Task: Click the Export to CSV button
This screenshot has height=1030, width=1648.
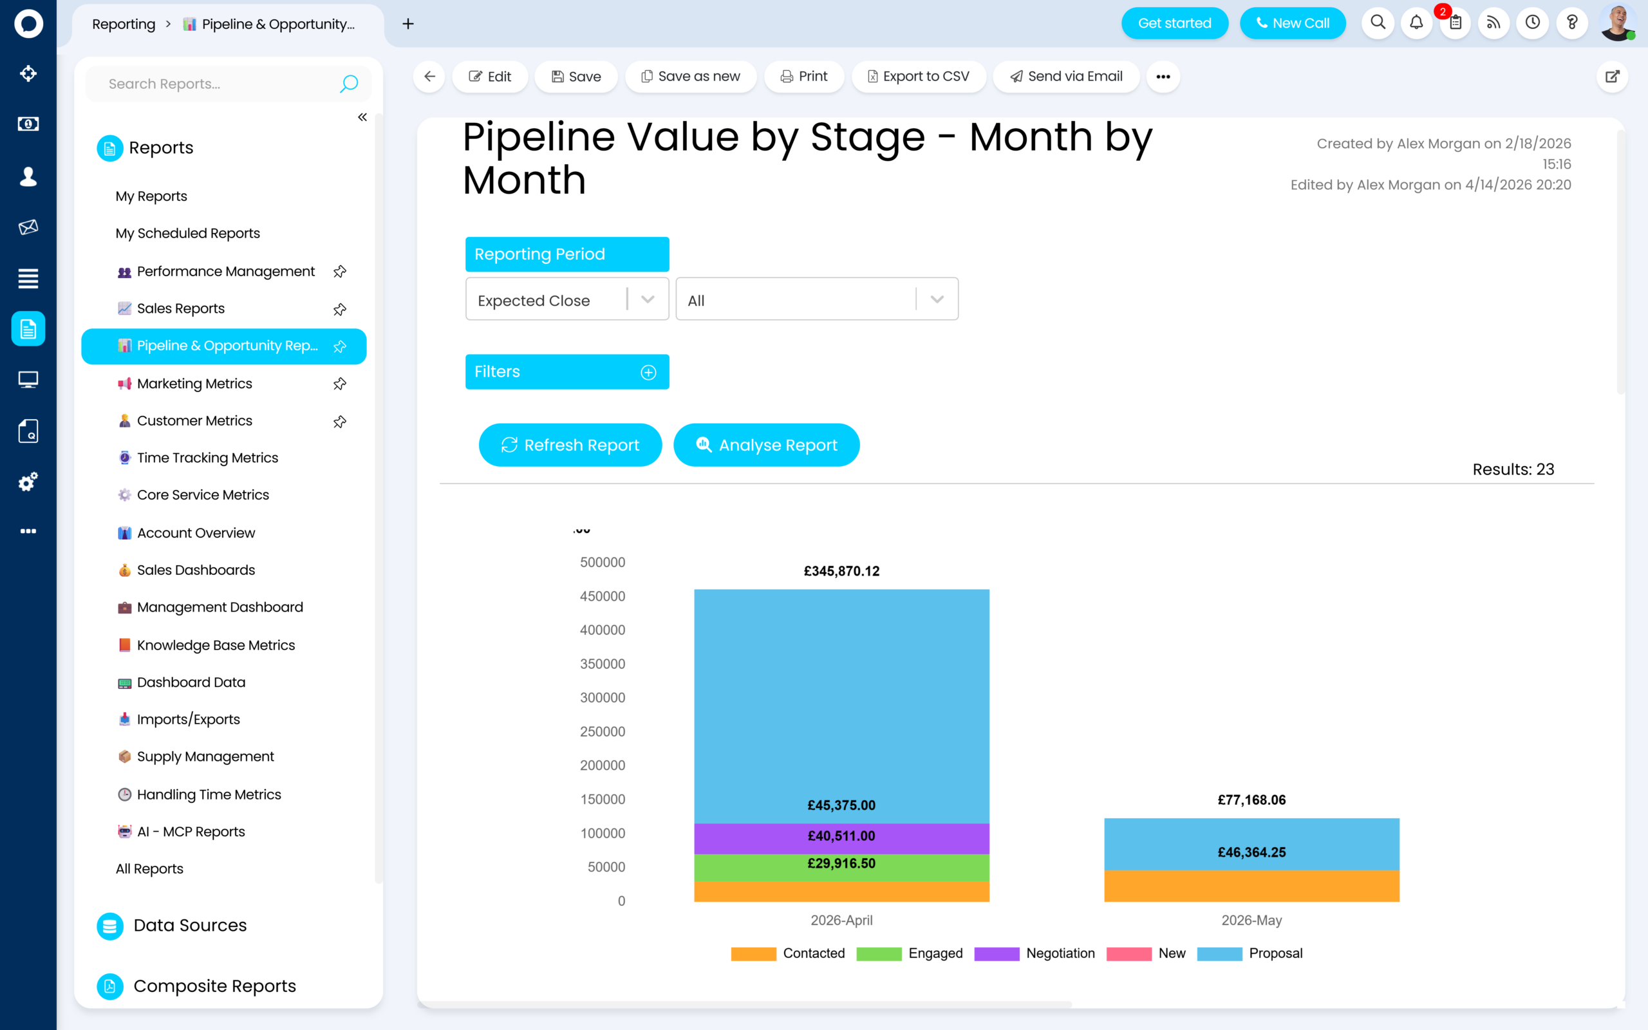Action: pyautogui.click(x=919, y=77)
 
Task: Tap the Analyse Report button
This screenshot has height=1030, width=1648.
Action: pyautogui.click(x=766, y=445)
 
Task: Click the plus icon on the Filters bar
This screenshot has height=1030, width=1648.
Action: pyautogui.click(x=648, y=372)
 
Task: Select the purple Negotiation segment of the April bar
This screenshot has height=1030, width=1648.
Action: pyautogui.click(x=841, y=838)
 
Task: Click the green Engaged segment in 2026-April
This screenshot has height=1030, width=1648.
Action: pyautogui.click(x=841, y=868)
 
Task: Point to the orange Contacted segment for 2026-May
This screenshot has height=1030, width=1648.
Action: pyautogui.click(x=1251, y=886)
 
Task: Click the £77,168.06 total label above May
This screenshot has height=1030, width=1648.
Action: pyautogui.click(x=1251, y=800)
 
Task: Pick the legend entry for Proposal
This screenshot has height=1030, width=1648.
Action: pyautogui.click(x=1250, y=953)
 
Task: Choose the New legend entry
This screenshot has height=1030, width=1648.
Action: pyautogui.click(x=1146, y=953)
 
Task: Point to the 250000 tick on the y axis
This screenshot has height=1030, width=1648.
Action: pyautogui.click(x=603, y=732)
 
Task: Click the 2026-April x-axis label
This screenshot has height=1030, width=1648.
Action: pyautogui.click(x=841, y=921)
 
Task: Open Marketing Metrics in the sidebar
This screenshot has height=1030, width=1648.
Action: pyautogui.click(x=194, y=384)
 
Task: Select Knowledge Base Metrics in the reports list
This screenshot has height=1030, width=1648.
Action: pyautogui.click(x=216, y=645)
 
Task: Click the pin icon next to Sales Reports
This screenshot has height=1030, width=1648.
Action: pyautogui.click(x=340, y=309)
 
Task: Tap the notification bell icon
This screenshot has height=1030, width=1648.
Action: pyautogui.click(x=1416, y=23)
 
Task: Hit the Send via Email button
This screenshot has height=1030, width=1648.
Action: pyautogui.click(x=1066, y=77)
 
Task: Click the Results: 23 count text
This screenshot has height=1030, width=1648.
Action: pyautogui.click(x=1513, y=469)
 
